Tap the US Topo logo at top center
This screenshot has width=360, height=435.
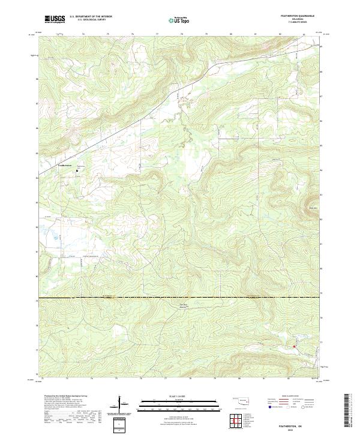(179, 20)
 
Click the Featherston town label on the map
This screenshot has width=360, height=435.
(64, 165)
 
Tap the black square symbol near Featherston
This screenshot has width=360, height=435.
(77, 171)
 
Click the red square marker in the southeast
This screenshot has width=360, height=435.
(294, 346)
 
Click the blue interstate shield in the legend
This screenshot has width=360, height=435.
(271, 407)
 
